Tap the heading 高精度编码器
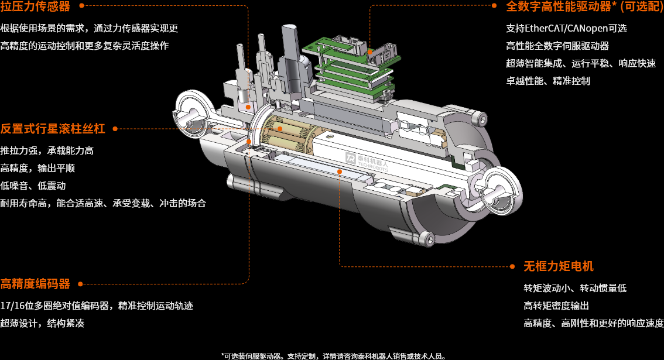click(x=35, y=284)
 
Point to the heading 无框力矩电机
click(x=559, y=266)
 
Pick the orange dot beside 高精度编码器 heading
click(x=80, y=284)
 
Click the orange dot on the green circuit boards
click(x=370, y=52)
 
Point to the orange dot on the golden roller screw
click(x=280, y=128)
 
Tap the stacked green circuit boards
click(x=351, y=64)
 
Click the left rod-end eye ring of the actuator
click(x=191, y=110)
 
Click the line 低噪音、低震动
click(x=33, y=186)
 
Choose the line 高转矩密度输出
click(x=556, y=306)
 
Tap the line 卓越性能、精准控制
click(x=548, y=81)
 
